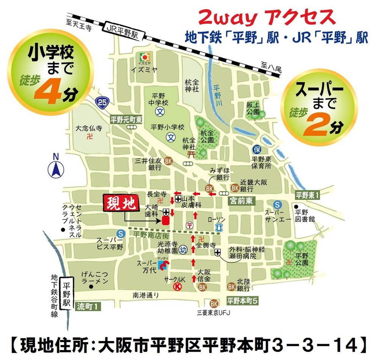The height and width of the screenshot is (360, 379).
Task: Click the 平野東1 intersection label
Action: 308,196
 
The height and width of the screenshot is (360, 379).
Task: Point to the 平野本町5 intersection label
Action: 243,301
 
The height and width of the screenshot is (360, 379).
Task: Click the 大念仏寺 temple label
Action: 89,128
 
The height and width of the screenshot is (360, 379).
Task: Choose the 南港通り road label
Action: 145,294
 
